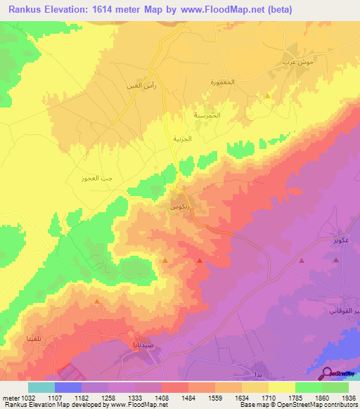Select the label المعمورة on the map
tap(226, 82)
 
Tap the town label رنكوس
tap(179, 209)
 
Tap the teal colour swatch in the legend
tap(41, 387)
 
